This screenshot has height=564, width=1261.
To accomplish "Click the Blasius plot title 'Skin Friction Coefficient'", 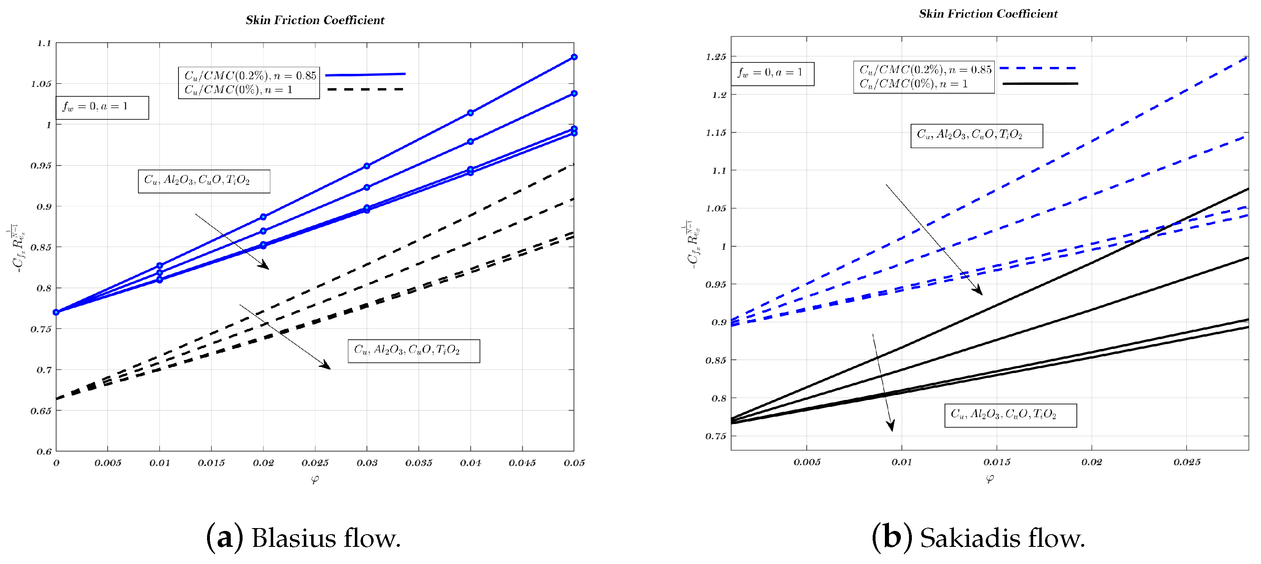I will coord(315,20).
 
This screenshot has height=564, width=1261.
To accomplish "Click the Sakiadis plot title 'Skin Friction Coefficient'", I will coord(988,14).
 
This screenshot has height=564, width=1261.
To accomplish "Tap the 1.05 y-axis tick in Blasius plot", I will coord(41,84).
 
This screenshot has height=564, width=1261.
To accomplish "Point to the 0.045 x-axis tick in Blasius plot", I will coord(522,463).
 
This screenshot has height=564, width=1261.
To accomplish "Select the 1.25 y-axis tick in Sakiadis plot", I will coord(716,57).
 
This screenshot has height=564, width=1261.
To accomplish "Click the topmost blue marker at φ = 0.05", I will coord(574,57).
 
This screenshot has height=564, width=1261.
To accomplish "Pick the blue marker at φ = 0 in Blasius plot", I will coord(56,312).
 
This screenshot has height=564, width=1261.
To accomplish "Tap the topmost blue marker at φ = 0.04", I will coord(470,113).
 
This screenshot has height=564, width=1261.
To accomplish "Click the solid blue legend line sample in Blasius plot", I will coord(365,74).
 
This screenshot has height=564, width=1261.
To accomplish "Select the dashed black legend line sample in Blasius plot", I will coord(365,89).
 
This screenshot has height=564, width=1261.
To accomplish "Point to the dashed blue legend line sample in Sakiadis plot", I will coord(1038,68).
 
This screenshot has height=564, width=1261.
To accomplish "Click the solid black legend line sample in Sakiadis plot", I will coord(1040,84).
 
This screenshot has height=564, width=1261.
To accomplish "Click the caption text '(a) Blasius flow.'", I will coord(303,537).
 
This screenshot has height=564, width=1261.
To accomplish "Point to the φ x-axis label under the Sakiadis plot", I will coord(989,479).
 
